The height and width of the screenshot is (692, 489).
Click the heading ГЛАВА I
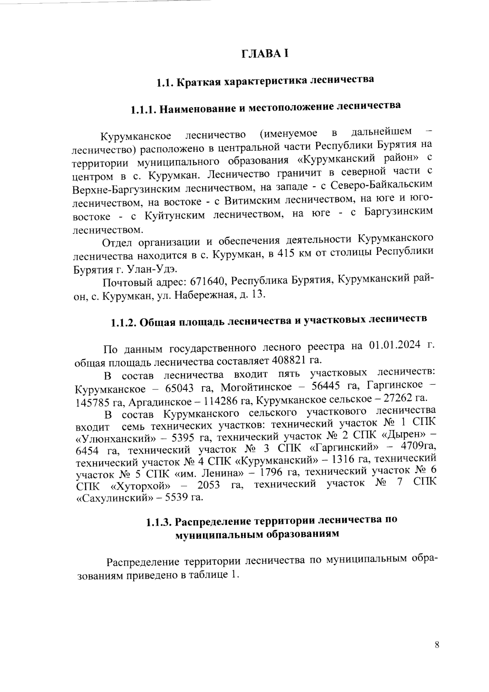(264, 54)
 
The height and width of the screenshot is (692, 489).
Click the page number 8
(437, 645)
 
